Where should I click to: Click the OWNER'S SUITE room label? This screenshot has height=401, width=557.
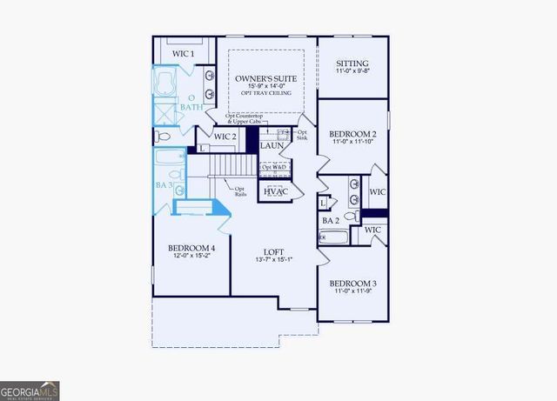266,78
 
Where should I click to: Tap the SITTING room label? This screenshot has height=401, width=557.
352,63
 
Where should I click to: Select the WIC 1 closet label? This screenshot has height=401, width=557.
183,54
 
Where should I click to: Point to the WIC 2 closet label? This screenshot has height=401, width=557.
225,137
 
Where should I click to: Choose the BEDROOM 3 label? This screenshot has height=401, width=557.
352,284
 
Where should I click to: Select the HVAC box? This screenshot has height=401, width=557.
277,191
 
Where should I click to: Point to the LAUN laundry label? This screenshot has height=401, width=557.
273,147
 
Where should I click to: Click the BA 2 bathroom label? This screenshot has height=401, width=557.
331,221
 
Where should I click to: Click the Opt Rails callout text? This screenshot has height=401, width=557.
240,190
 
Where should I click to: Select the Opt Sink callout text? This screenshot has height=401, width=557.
302,135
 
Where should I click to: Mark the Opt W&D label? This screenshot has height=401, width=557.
275,167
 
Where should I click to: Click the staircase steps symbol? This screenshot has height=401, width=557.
233,163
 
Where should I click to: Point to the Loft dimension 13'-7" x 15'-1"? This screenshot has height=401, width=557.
274,259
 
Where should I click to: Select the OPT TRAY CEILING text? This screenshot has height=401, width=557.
266,92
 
